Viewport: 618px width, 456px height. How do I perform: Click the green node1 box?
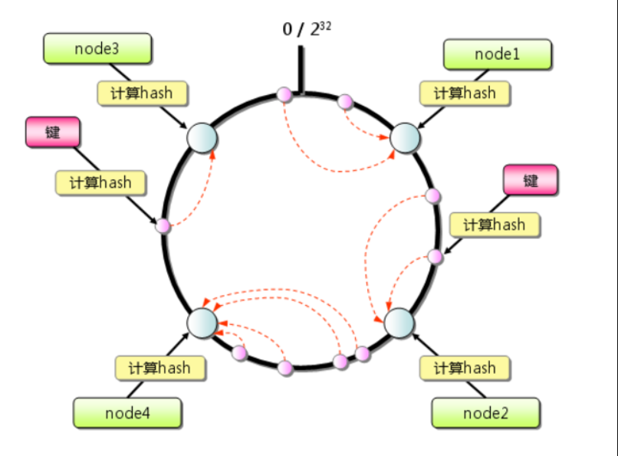497,54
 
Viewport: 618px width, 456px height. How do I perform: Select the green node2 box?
485,413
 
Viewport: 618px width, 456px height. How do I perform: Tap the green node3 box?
97,49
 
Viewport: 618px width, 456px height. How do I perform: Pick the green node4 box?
127,413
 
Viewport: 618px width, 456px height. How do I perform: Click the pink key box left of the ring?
52,132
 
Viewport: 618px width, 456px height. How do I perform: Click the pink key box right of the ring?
531,180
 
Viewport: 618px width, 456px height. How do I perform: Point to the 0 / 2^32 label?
307,29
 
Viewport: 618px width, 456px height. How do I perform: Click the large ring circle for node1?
405,137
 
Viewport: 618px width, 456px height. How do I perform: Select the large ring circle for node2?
399,323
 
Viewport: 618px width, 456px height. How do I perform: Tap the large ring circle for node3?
202,138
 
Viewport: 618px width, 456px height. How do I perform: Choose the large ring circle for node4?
202,322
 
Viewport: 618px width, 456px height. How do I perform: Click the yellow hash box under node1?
465,93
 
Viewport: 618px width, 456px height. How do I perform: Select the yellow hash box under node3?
142,93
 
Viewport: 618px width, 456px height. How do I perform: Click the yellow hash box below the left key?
100,182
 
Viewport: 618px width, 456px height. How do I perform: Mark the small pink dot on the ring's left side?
163,226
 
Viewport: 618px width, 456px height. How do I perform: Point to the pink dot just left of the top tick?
284,95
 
